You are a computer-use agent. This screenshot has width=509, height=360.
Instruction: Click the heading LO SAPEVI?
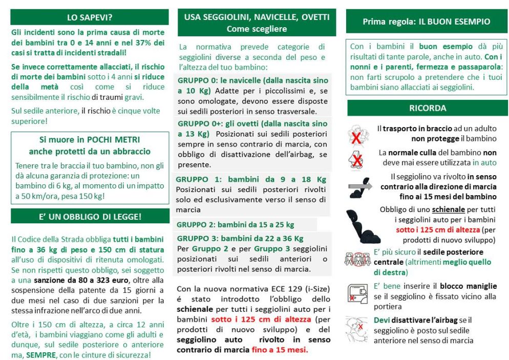click(x=90, y=17)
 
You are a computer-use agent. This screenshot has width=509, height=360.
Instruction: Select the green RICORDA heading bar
click(x=427, y=108)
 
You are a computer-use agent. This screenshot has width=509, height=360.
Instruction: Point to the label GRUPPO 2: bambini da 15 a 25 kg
click(x=235, y=224)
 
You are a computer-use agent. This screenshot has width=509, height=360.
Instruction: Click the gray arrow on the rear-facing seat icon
click(x=356, y=186)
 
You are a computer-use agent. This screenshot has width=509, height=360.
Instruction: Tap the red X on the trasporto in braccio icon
click(x=355, y=137)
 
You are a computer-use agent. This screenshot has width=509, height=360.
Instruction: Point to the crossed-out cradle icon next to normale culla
click(x=356, y=159)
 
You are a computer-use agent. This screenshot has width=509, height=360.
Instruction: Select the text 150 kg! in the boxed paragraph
click(x=90, y=196)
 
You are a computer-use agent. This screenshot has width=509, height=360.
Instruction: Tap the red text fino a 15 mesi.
click(x=280, y=350)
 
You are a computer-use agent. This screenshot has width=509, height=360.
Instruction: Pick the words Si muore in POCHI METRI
click(x=90, y=140)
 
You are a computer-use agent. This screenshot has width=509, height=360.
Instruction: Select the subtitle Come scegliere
click(x=257, y=29)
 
